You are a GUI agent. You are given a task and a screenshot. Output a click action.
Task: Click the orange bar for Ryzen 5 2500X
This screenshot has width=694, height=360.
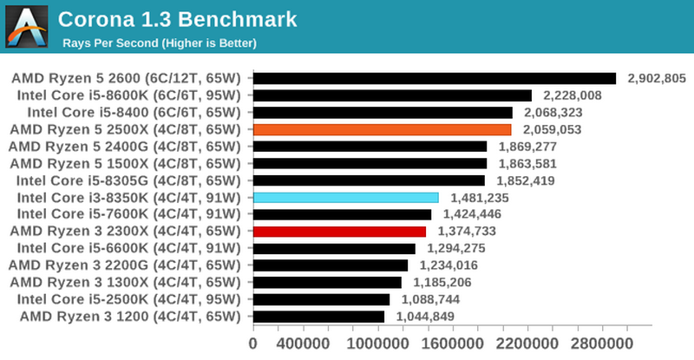pos(382,129)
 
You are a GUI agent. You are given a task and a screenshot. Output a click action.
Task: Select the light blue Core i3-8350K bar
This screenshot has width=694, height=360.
pos(345,197)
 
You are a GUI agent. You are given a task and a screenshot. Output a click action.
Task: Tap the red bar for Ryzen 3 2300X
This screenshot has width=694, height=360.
pos(339,232)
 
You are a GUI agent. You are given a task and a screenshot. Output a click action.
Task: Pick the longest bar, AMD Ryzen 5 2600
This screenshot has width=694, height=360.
pos(434,79)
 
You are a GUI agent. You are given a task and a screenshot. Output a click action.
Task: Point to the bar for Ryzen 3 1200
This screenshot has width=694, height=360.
pos(318,317)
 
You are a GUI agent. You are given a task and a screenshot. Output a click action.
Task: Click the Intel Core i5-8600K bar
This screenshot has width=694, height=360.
pos(392,95)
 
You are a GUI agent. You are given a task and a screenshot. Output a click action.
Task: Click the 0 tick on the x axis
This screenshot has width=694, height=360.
pos(252,344)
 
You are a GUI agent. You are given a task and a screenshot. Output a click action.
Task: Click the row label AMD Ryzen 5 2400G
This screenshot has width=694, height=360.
pos(128,147)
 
